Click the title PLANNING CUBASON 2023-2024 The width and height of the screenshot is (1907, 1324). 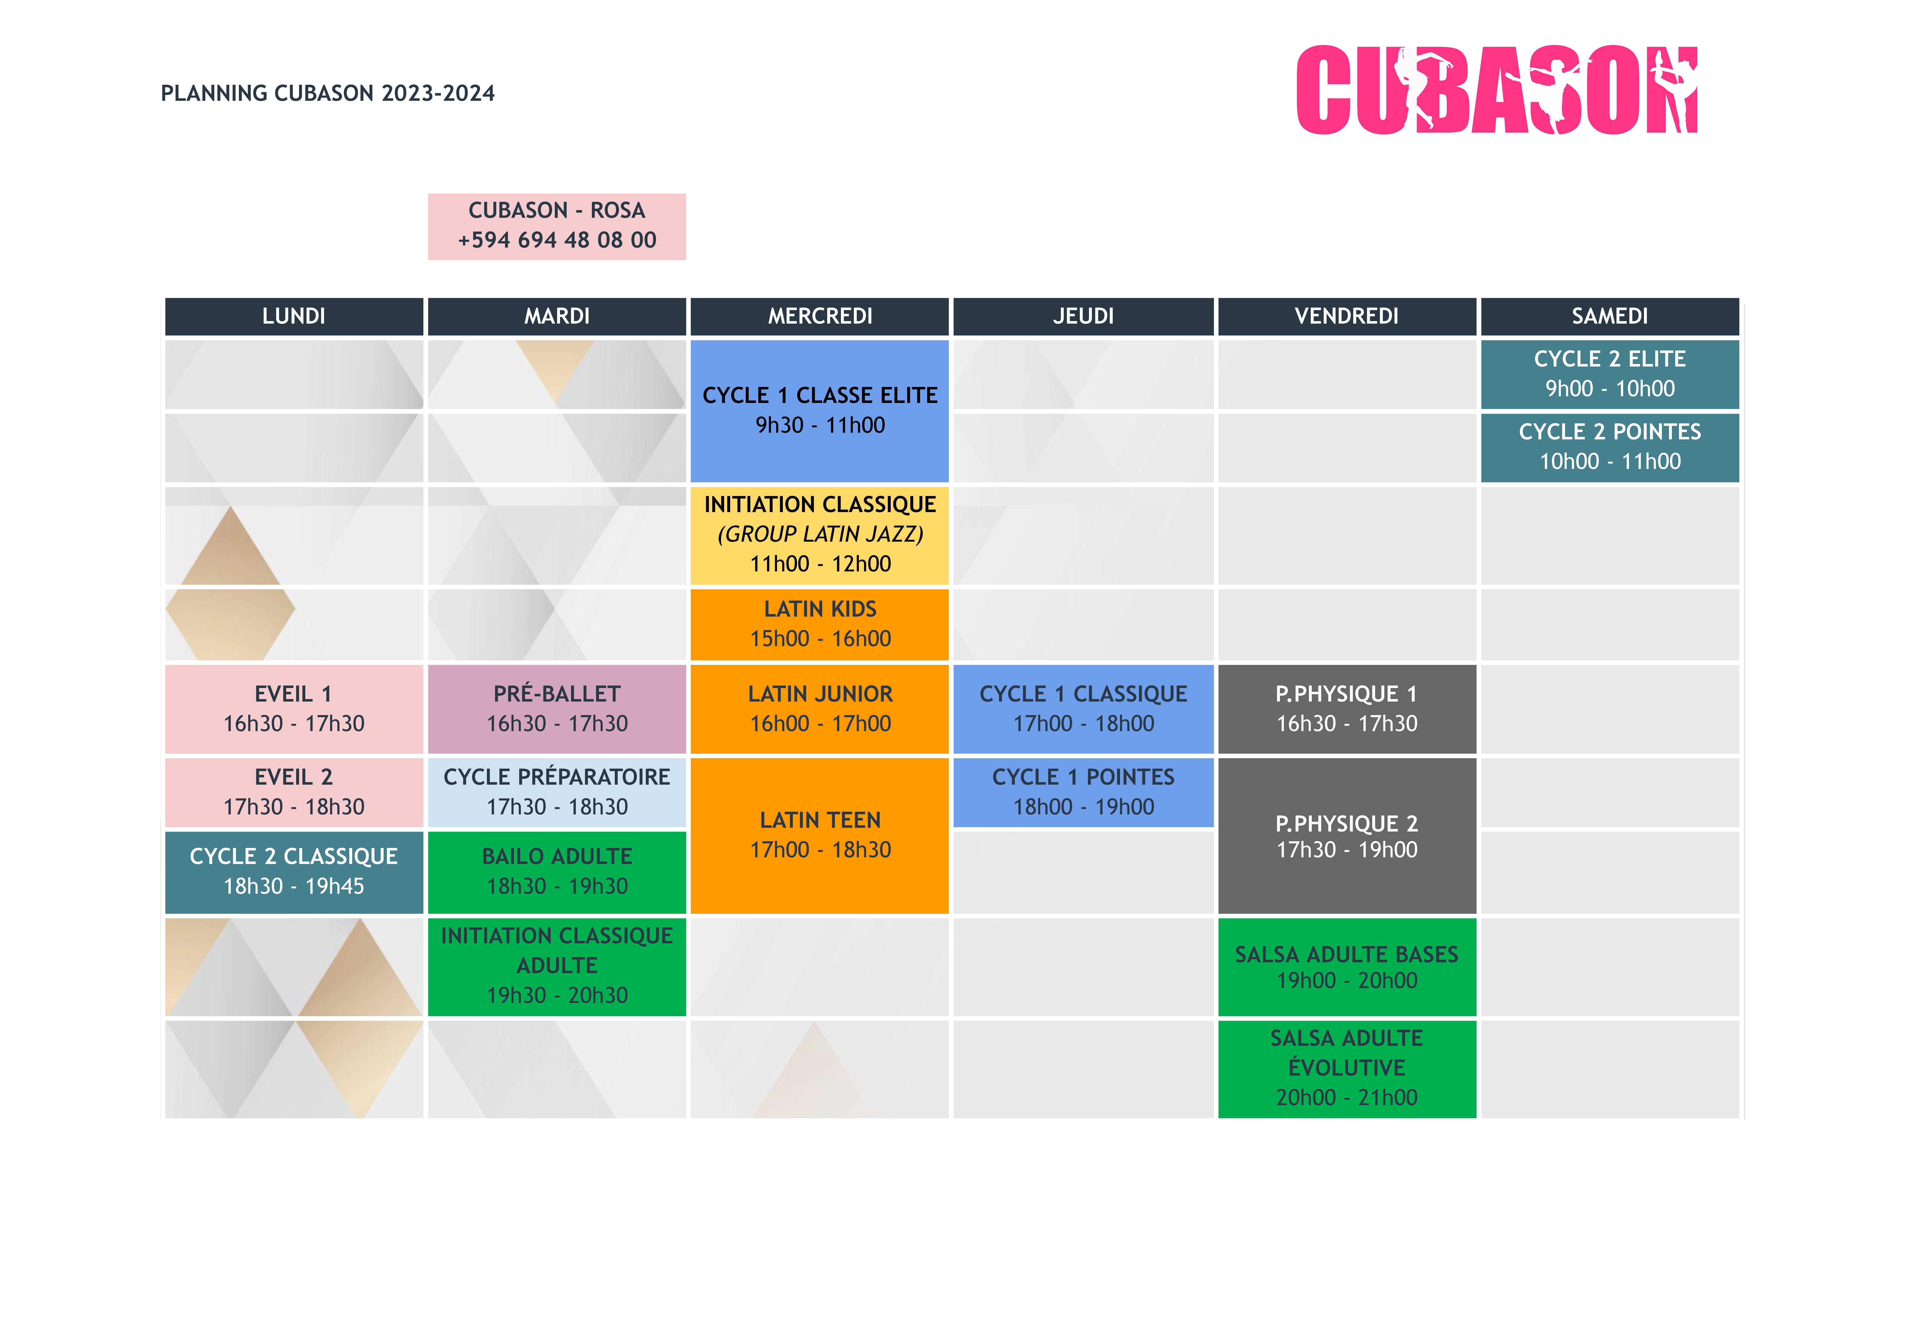pyautogui.click(x=328, y=93)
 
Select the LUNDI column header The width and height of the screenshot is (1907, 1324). pyautogui.click(x=294, y=316)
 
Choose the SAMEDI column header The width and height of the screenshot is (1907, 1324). pyautogui.click(x=1609, y=316)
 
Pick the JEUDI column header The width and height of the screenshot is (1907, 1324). pyautogui.click(x=1083, y=316)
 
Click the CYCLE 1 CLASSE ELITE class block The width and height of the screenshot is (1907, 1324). pyautogui.click(x=819, y=411)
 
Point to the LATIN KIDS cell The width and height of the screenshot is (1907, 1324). pyautogui.click(x=819, y=624)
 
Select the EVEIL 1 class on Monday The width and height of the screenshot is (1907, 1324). pyautogui.click(x=294, y=708)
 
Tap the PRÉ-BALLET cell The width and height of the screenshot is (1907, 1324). pyautogui.click(x=557, y=708)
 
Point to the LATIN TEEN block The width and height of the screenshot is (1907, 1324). pyautogui.click(x=819, y=835)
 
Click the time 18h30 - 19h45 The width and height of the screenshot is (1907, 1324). pyautogui.click(x=294, y=886)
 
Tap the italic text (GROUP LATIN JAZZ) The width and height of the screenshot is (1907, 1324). pyautogui.click(x=819, y=534)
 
